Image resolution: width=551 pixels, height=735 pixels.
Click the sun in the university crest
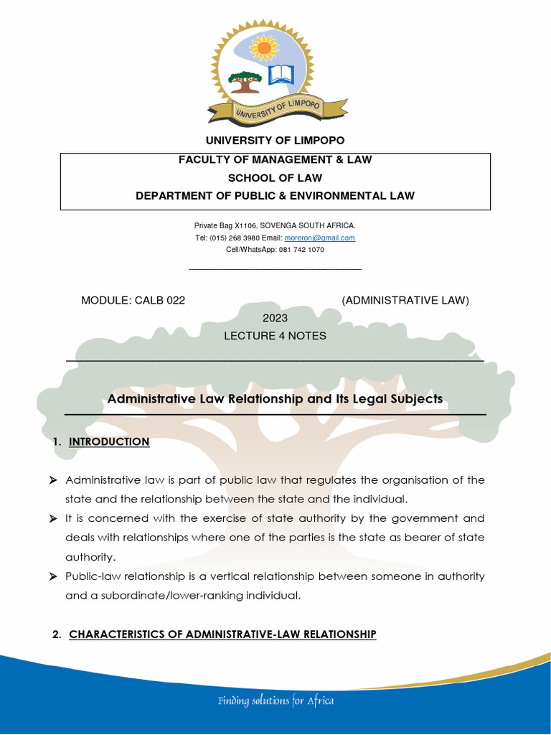(263, 47)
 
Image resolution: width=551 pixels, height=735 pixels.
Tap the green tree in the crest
(245, 81)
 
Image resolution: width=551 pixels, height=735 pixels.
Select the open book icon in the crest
(281, 75)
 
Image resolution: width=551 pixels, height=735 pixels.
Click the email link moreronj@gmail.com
(319, 238)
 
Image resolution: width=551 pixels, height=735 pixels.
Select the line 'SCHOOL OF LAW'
(275, 178)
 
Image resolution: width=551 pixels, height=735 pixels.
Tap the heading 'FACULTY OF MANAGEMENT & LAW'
(275, 160)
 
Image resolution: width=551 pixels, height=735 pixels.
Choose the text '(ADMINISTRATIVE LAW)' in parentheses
(405, 300)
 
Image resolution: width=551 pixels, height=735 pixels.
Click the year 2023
(275, 318)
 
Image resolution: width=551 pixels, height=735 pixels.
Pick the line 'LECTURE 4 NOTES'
(275, 336)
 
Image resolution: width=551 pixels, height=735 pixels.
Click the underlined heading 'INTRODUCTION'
(109, 442)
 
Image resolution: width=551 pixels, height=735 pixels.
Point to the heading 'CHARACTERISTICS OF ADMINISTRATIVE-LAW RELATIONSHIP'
(222, 635)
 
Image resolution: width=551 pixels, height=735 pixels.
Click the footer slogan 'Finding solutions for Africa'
(276, 701)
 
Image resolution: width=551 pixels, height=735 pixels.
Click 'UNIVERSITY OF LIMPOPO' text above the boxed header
(275, 140)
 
